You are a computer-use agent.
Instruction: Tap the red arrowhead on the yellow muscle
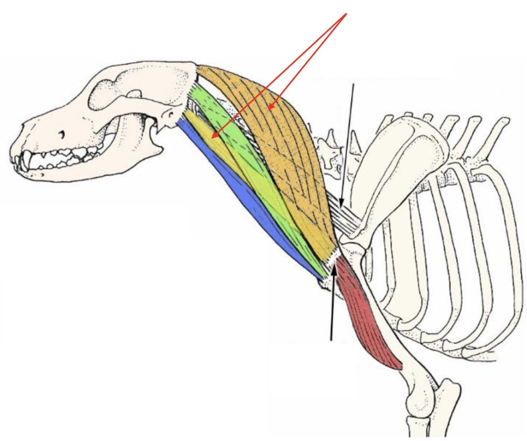[213, 137]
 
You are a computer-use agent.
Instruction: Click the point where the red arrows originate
[346, 14]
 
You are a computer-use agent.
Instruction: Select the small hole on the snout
[62, 135]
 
